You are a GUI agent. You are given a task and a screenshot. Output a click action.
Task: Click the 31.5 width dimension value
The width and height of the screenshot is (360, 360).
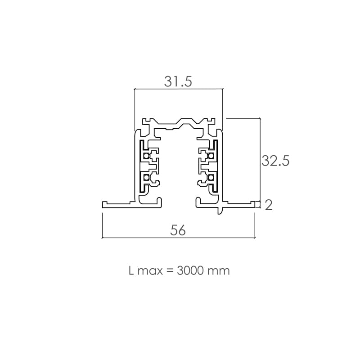click(x=178, y=81)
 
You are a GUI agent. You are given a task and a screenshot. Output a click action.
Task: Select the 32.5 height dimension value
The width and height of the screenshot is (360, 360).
click(x=275, y=161)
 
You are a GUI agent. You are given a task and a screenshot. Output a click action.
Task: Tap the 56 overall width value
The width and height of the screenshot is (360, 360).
click(x=178, y=230)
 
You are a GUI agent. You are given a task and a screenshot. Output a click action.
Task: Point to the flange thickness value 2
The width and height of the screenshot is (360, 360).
click(x=269, y=205)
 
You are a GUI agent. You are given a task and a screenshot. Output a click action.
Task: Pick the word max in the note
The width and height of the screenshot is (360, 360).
click(x=150, y=272)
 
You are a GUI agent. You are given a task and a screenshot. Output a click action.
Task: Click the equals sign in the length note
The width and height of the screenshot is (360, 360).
click(x=170, y=271)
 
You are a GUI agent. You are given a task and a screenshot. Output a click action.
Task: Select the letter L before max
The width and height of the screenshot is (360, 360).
click(x=131, y=271)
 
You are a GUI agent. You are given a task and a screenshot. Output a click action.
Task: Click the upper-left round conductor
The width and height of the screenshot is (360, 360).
click(x=146, y=156)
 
